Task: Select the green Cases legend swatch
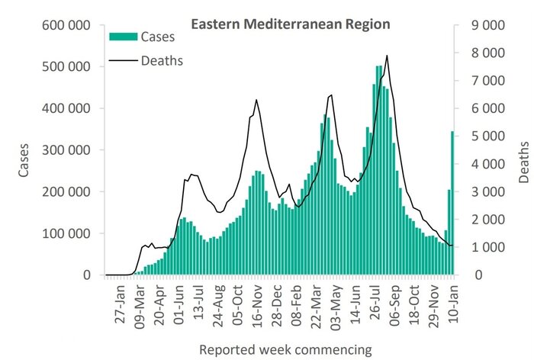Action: click(x=124, y=36)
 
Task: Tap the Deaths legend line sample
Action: click(x=124, y=60)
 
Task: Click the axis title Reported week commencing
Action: click(x=285, y=350)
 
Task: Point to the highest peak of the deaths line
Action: click(x=388, y=56)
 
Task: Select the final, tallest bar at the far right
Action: click(x=452, y=202)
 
